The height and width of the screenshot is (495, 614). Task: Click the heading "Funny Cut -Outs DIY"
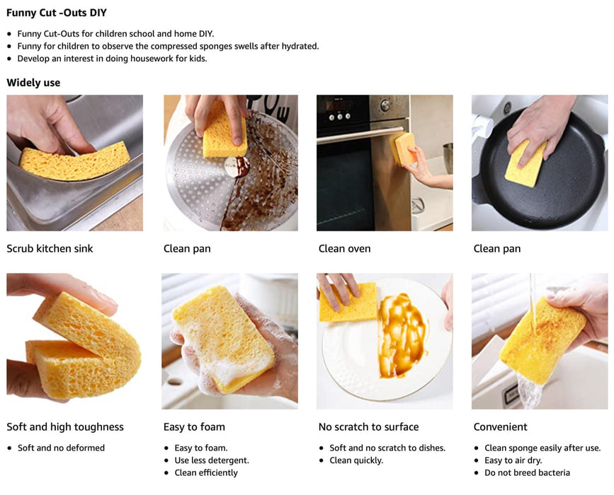point(57,13)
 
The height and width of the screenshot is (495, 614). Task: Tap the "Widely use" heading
point(33,83)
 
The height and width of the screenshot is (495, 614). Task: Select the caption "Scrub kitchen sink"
point(50,249)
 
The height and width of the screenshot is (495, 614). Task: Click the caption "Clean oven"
point(344,249)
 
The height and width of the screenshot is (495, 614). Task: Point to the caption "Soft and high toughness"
point(65,427)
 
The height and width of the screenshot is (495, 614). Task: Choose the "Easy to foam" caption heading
point(194,427)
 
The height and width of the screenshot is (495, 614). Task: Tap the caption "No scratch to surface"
point(368,427)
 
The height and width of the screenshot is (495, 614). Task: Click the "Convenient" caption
point(501,427)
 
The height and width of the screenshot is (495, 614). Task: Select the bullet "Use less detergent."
point(212,460)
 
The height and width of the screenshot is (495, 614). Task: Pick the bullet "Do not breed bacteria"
point(527,472)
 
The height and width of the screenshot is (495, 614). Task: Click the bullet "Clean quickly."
point(356,460)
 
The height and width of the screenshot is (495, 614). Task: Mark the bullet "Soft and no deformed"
point(61,448)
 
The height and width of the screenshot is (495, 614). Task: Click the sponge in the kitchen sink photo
point(74,162)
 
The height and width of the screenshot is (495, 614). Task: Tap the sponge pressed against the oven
point(405,148)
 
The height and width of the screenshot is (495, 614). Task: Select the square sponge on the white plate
point(348,302)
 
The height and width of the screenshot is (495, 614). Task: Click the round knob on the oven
point(386,105)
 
